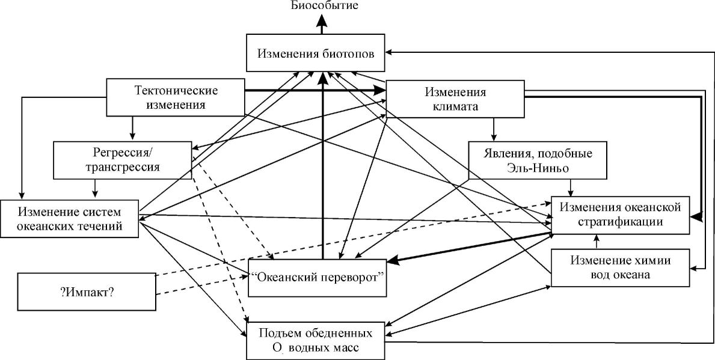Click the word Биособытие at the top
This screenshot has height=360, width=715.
[324, 6]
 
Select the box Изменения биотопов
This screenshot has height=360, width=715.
[316, 52]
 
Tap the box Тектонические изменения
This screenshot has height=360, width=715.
[175, 97]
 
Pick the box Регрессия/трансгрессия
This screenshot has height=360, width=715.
[122, 159]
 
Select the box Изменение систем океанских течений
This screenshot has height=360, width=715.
[70, 219]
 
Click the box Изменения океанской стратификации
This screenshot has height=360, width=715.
[620, 215]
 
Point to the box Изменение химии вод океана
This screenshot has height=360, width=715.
[620, 268]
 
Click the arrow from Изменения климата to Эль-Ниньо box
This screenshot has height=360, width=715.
[494, 129]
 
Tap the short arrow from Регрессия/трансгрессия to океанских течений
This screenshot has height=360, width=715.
[94, 189]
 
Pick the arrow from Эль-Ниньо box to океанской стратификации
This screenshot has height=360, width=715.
[570, 188]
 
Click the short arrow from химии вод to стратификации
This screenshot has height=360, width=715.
[597, 242]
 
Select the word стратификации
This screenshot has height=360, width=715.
[620, 222]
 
